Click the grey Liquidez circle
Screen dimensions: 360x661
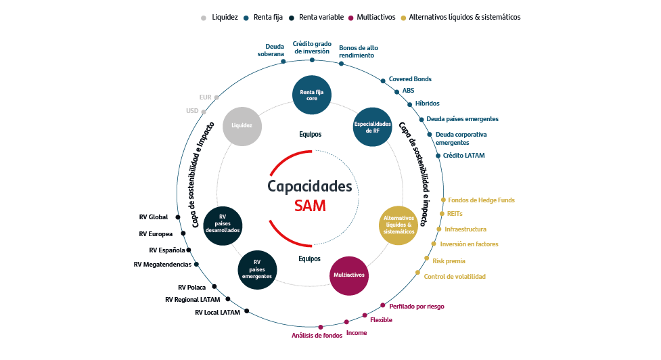point(242,126)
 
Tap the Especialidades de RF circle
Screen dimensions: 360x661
point(373,127)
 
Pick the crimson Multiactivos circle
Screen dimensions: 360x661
point(349,275)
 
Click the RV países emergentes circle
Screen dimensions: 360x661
point(257,269)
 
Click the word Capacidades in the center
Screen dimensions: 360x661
point(310,186)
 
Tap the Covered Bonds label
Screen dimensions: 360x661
point(410,79)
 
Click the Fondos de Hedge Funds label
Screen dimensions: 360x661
point(481,200)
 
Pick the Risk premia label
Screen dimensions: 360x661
point(449,261)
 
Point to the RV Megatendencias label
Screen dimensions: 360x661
point(162,265)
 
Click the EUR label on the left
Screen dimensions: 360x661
point(205,97)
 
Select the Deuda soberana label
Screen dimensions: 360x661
point(271,50)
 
